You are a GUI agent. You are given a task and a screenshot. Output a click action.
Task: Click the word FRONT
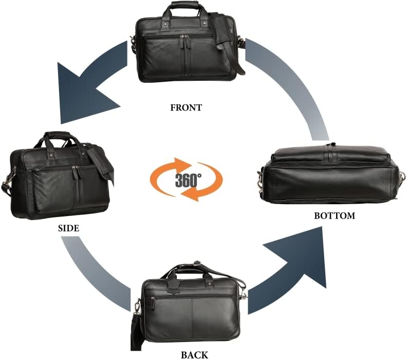pos(186,107)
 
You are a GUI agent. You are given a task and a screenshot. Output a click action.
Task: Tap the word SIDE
pos(68,228)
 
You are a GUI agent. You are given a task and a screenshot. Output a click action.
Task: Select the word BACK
pos(194,355)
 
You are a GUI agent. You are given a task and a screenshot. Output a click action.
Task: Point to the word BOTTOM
pos(335,216)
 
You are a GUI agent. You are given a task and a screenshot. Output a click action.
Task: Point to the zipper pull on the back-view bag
pos(153,303)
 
